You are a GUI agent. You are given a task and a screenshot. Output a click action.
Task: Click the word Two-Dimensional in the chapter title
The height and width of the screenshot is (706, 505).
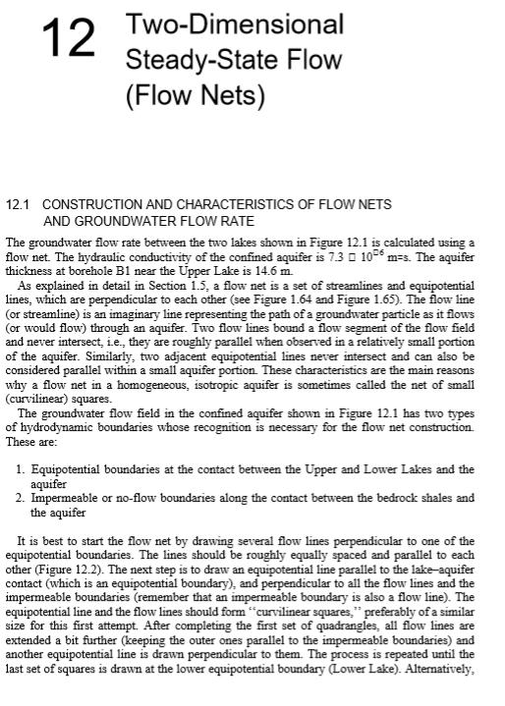[228, 25]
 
